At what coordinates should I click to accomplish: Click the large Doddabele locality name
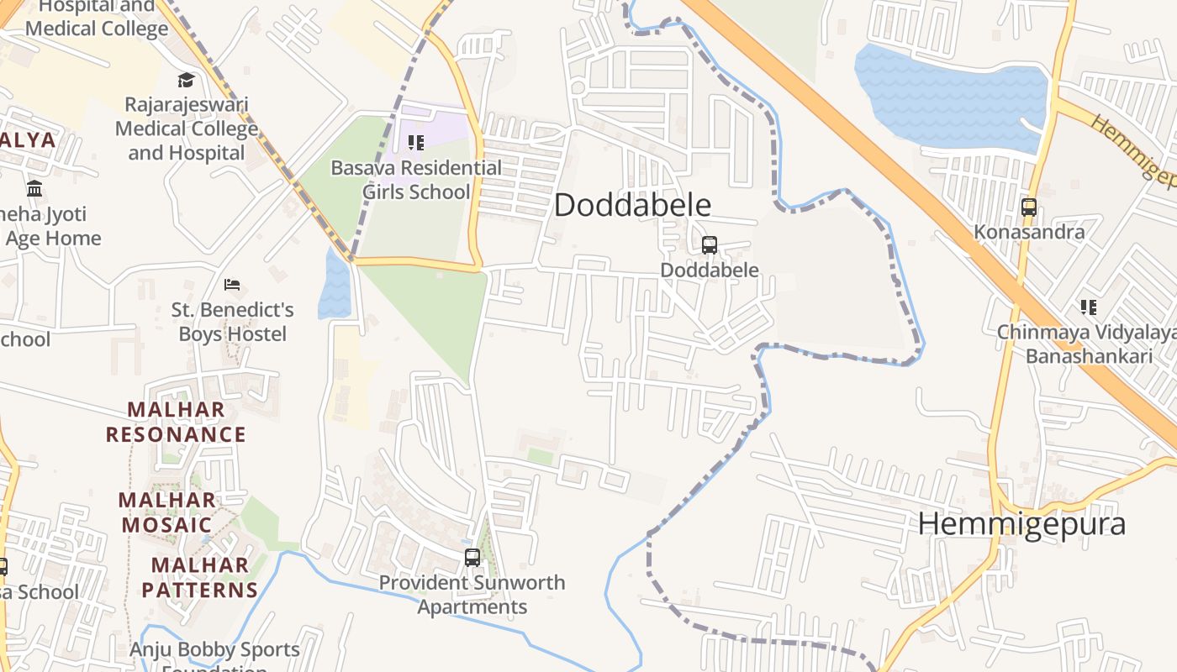pyautogui.click(x=632, y=205)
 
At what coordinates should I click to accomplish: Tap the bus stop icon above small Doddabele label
pyautogui.click(x=710, y=245)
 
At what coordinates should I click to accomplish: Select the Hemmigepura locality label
pyautogui.click(x=1021, y=523)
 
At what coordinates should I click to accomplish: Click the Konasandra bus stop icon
pyautogui.click(x=1028, y=207)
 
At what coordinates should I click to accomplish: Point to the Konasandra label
pyautogui.click(x=1029, y=231)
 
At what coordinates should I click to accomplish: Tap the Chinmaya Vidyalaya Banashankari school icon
pyautogui.click(x=1089, y=307)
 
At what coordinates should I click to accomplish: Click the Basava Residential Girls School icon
pyautogui.click(x=416, y=143)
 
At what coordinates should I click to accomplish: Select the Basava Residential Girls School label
pyautogui.click(x=416, y=180)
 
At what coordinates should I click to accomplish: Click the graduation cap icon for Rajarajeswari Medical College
pyautogui.click(x=186, y=80)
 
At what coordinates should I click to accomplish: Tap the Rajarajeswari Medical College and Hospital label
pyautogui.click(x=187, y=129)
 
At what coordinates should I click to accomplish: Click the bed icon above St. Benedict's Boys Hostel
pyautogui.click(x=233, y=285)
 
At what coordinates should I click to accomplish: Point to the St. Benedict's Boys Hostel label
pyautogui.click(x=233, y=322)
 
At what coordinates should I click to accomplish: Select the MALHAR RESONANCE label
pyautogui.click(x=176, y=422)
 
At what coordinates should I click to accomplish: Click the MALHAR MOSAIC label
pyautogui.click(x=166, y=512)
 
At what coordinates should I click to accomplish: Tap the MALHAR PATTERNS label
pyautogui.click(x=200, y=577)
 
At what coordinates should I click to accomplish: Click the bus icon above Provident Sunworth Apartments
pyautogui.click(x=472, y=557)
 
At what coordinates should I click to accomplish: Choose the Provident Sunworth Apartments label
pyautogui.click(x=472, y=594)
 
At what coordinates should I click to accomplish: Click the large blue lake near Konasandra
pyautogui.click(x=950, y=97)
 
